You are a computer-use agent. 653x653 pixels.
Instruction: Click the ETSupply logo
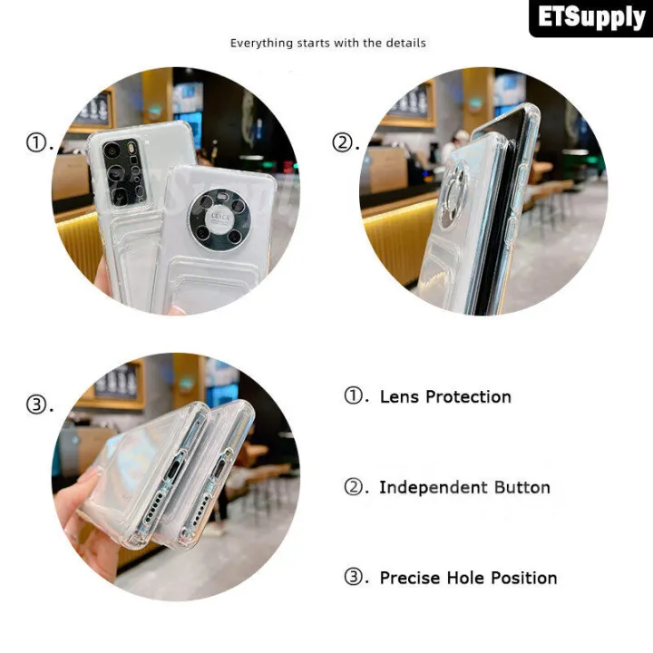[x=591, y=18]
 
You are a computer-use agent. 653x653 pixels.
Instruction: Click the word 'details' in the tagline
[x=405, y=43]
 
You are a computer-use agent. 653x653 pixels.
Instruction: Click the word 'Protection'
[x=469, y=397]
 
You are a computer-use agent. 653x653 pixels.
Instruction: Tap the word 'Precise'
[x=409, y=578]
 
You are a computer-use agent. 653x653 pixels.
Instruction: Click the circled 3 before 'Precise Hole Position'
[x=354, y=577]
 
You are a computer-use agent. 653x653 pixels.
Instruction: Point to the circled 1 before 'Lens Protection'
[x=354, y=396]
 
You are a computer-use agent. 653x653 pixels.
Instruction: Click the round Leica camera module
[x=219, y=220]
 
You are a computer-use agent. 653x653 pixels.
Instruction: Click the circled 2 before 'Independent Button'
[x=354, y=486]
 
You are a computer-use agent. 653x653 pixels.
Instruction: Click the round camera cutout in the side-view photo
[x=453, y=196]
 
